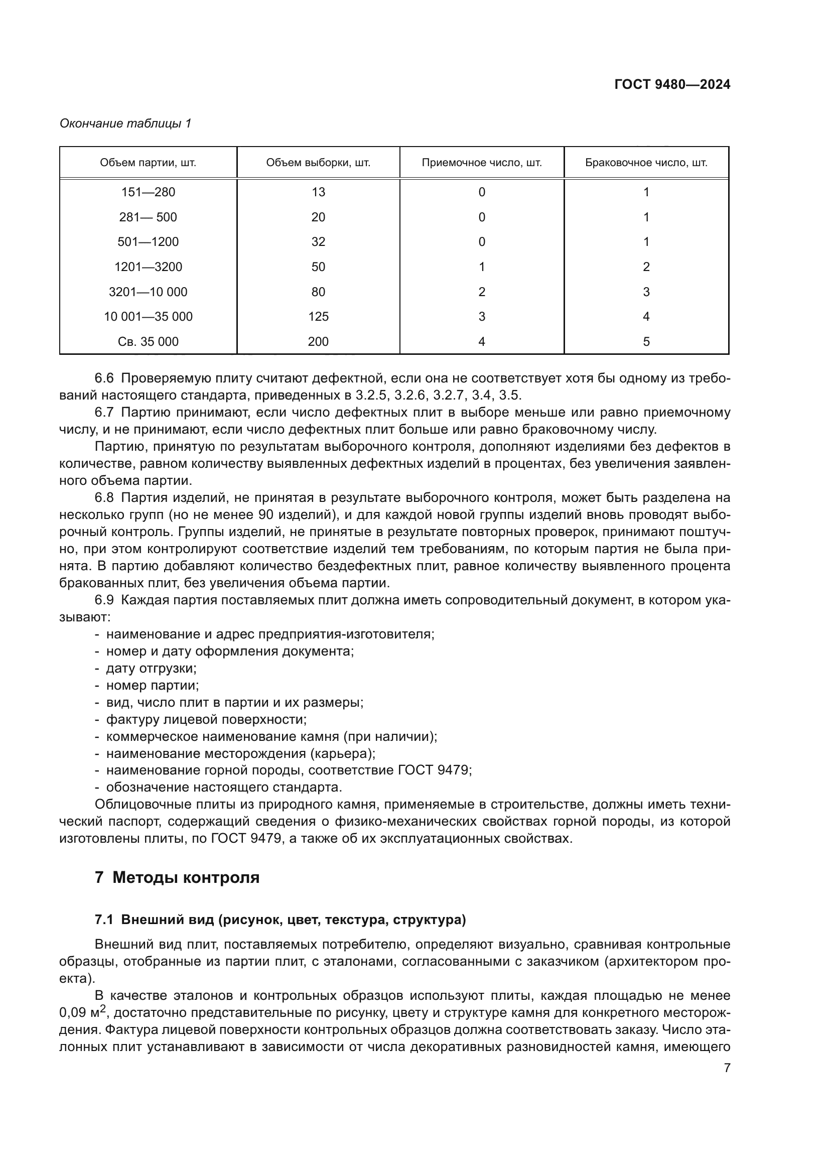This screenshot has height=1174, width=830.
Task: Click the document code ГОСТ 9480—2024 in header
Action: [672, 84]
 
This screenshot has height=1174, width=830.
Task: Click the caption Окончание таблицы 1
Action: [125, 123]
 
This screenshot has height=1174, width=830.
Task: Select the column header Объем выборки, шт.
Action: [318, 163]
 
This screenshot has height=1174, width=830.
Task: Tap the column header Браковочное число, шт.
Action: [646, 163]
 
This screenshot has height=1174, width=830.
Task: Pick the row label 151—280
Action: [148, 192]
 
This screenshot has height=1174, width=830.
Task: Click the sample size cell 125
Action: [318, 317]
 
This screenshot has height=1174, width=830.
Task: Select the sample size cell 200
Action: [318, 342]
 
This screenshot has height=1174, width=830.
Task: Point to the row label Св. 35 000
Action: [148, 342]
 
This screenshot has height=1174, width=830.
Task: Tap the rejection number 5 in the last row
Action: [646, 342]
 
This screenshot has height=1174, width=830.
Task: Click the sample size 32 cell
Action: [318, 242]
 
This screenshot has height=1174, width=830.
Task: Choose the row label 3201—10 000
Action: [148, 292]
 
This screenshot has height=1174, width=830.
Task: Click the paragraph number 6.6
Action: [104, 378]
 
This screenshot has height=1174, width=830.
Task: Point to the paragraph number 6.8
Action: [104, 497]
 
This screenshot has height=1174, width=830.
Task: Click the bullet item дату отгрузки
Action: [151, 668]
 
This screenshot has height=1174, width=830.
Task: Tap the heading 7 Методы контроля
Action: [177, 877]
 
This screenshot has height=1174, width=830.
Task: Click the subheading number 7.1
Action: [104, 920]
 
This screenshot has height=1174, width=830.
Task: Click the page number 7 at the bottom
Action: [727, 1068]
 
